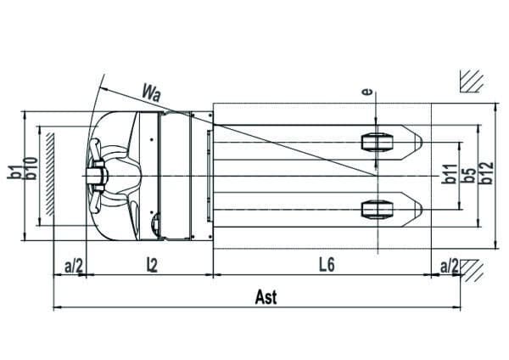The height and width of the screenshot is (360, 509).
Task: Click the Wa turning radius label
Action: pos(151,93)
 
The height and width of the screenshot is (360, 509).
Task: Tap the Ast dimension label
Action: pos(266,297)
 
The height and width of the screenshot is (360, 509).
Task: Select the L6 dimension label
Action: pos(327,265)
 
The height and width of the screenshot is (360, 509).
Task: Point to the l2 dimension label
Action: pos(152,265)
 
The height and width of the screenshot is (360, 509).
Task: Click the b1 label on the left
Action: pos(14,172)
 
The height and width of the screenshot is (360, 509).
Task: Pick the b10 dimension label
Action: pos(31,168)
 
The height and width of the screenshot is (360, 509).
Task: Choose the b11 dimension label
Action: pos(450,174)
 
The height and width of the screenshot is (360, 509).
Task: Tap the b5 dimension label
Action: pos(468,175)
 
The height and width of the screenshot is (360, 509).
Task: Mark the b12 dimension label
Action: pos(487,172)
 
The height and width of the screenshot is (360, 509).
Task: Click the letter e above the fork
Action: pos(366,92)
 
